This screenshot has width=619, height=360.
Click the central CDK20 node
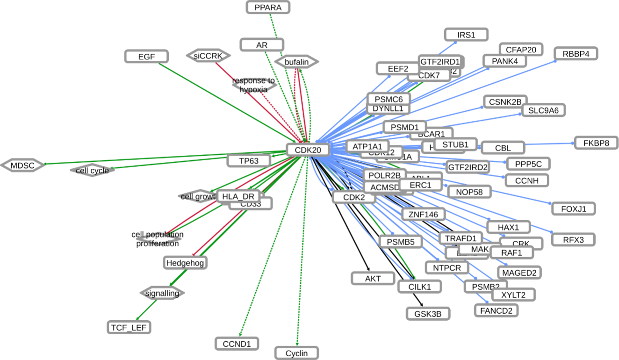tap(308, 150)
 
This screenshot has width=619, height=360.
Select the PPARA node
tap(268, 7)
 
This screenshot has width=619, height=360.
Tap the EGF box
tap(146, 57)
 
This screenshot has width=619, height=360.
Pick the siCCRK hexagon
tap(209, 56)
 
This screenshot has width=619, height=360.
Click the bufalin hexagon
tap(296, 62)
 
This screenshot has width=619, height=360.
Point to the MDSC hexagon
tap(23, 165)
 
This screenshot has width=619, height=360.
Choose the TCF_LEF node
tap(129, 327)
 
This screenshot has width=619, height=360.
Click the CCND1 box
tap(237, 344)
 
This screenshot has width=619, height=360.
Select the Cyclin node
tap(296, 353)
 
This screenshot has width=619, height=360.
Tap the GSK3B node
tap(428, 313)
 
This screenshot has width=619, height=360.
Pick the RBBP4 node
tap(576, 54)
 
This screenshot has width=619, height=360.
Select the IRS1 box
tap(466, 35)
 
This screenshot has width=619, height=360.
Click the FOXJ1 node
tap(573, 209)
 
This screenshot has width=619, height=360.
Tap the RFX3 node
tap(573, 240)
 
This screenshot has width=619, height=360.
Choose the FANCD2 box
tap(496, 310)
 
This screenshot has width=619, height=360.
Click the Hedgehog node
tap(185, 263)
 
